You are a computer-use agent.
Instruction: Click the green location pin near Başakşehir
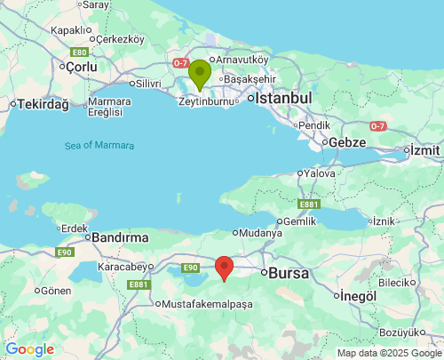pyautogui.click(x=200, y=74)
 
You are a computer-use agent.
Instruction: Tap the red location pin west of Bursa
pyautogui.click(x=225, y=267)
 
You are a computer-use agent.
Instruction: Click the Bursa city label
pyautogui.click(x=289, y=273)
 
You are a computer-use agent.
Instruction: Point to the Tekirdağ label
pyautogui.click(x=44, y=104)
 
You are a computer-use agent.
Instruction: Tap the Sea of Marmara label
pyautogui.click(x=99, y=145)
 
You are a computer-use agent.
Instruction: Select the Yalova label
pyautogui.click(x=320, y=173)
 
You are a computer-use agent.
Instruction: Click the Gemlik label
pyautogui.click(x=297, y=221)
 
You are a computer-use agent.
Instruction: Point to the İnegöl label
pyautogui.click(x=359, y=295)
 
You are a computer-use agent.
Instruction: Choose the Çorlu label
pyautogui.click(x=80, y=66)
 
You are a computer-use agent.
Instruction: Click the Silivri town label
pyautogui.click(x=146, y=84)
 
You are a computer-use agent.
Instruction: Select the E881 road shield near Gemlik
pyautogui.click(x=308, y=204)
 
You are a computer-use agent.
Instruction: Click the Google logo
pyautogui.click(x=29, y=349)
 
